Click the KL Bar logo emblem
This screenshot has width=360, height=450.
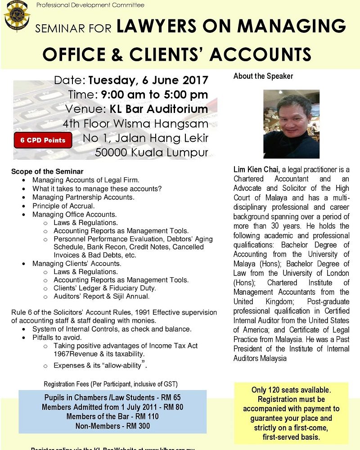point(17,17)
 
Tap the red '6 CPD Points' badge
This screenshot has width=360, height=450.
point(43,140)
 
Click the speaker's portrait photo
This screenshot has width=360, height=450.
point(291,124)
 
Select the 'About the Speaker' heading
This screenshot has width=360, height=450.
point(263,76)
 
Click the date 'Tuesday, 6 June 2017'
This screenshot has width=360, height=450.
point(148,81)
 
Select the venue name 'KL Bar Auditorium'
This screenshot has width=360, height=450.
point(158,109)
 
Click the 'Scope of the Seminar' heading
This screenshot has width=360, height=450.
point(47,172)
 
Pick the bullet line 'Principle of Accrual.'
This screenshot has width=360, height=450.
point(63,206)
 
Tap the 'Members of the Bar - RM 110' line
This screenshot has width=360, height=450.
point(112,416)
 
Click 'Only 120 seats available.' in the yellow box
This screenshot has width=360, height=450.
point(291,390)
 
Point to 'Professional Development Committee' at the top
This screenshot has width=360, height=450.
point(90,5)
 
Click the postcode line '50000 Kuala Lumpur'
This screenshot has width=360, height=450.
point(152,152)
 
